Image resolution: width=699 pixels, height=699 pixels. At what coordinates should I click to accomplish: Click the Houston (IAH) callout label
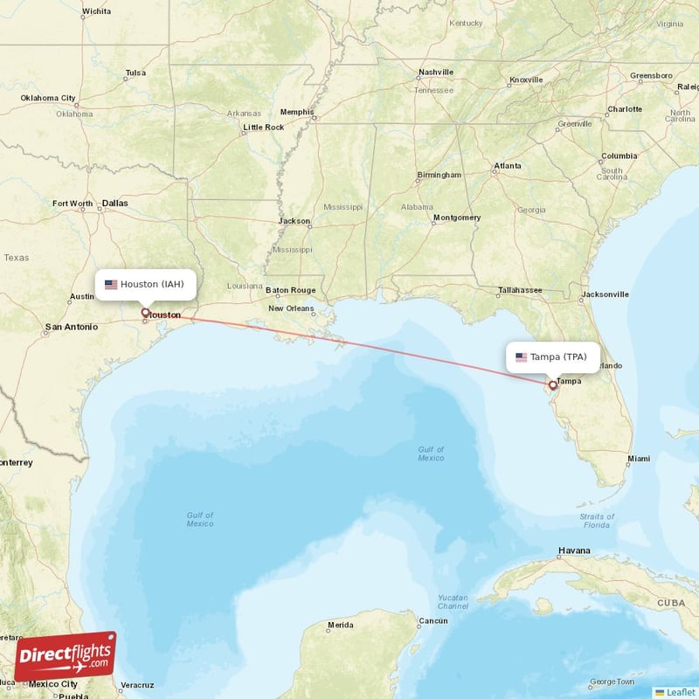145,284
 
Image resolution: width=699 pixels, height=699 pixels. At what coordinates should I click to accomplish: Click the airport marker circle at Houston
145,312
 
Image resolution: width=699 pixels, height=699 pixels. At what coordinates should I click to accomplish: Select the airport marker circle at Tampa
552,384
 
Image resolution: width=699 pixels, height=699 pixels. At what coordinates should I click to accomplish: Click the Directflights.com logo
65,654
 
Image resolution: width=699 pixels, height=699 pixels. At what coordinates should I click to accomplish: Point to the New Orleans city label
291,308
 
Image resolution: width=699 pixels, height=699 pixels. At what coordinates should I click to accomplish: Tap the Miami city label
638,459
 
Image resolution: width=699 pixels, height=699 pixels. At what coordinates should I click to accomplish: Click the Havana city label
575,550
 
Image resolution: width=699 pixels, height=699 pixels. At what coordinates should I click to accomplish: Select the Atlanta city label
507,165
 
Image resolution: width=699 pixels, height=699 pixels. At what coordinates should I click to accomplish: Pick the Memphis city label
296,112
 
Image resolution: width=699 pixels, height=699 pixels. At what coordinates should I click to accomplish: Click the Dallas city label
114,203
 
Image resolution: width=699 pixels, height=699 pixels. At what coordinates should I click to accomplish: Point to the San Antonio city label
71,328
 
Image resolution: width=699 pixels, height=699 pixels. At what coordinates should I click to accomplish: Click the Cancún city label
433,620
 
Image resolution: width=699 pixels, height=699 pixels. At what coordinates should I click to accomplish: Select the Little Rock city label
263,128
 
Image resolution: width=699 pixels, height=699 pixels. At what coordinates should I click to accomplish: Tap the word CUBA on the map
671,603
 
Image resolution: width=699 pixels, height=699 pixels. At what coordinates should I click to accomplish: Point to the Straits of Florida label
596,521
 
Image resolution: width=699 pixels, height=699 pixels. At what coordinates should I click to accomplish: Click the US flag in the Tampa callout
521,356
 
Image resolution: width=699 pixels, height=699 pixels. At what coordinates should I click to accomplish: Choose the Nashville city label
436,72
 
